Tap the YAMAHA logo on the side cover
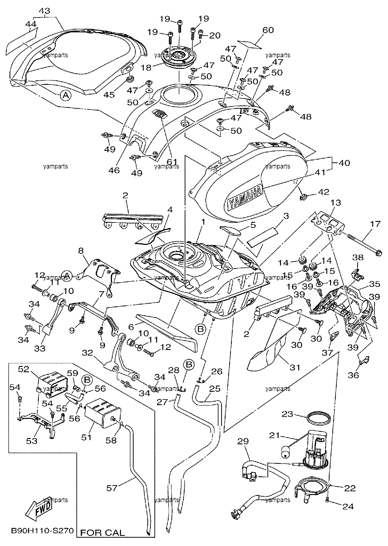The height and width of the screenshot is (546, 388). (x=245, y=198)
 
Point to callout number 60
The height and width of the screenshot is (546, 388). (x=268, y=30)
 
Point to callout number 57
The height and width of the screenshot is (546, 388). (x=112, y=488)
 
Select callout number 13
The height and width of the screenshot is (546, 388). (x=336, y=203)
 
